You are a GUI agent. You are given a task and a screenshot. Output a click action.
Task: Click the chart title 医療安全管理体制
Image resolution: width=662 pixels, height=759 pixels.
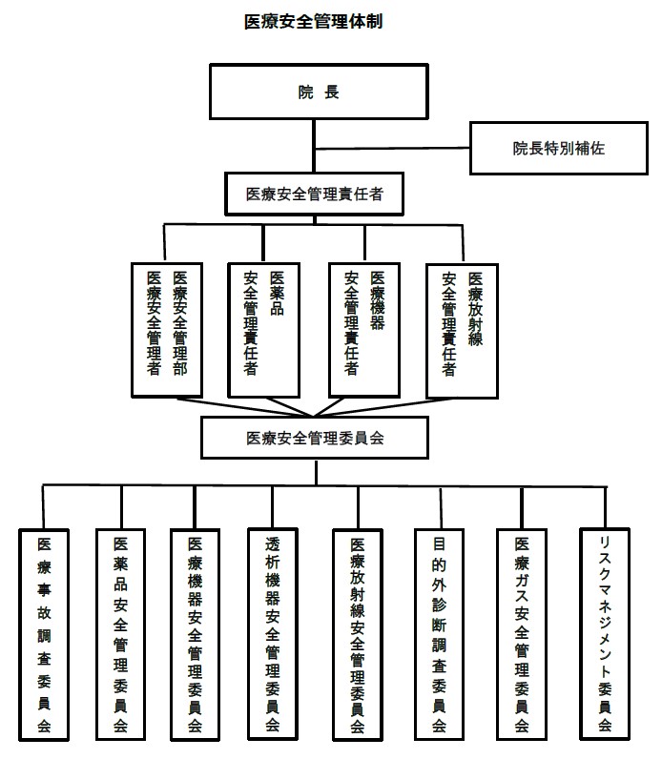pos(313,22)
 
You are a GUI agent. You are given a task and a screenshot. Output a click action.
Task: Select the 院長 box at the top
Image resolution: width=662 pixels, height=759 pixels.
pos(319,92)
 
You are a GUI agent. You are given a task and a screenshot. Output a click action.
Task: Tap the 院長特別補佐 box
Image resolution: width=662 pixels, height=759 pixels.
pos(558,148)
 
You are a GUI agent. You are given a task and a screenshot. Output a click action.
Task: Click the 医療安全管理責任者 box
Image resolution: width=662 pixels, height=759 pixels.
pos(314,195)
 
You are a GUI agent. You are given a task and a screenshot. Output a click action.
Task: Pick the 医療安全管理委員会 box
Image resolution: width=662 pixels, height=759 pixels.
pos(315,438)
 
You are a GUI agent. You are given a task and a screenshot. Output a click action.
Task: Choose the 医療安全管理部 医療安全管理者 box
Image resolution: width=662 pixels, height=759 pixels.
pos(167,330)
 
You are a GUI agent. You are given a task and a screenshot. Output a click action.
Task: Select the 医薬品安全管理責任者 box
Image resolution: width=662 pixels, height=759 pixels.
pos(264,330)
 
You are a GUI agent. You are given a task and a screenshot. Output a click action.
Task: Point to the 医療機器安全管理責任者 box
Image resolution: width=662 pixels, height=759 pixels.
pos(364,330)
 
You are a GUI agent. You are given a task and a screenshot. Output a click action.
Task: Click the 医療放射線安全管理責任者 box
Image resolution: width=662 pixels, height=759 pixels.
pos(462,331)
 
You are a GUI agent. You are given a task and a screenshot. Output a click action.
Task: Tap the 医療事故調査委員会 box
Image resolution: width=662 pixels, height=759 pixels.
pos(44,635)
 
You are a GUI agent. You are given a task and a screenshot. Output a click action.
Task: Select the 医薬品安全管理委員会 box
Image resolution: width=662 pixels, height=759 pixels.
pos(120,635)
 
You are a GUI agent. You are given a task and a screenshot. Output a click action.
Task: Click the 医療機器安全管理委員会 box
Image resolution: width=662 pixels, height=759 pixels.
pos(196,635)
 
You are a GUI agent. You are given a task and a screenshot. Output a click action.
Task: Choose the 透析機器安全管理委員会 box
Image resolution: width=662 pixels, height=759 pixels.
pos(273,634)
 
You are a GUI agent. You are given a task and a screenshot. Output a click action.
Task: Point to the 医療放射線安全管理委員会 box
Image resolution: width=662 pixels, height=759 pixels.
pos(358,635)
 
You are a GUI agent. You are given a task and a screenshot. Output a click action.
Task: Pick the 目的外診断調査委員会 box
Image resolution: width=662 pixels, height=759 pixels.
pos(439,635)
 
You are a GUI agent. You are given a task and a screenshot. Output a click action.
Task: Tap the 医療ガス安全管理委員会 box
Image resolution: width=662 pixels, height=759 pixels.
pos(522,635)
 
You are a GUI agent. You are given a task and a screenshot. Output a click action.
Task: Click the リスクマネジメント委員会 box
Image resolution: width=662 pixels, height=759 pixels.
pos(605,634)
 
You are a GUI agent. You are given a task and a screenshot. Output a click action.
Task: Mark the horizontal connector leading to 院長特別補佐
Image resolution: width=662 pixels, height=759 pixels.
pos(392,148)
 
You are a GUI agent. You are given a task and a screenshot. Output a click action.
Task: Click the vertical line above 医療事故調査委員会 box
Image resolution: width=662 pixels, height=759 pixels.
pos(44,507)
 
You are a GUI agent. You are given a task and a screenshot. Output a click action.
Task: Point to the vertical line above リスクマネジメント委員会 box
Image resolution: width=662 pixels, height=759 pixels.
pos(606,507)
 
